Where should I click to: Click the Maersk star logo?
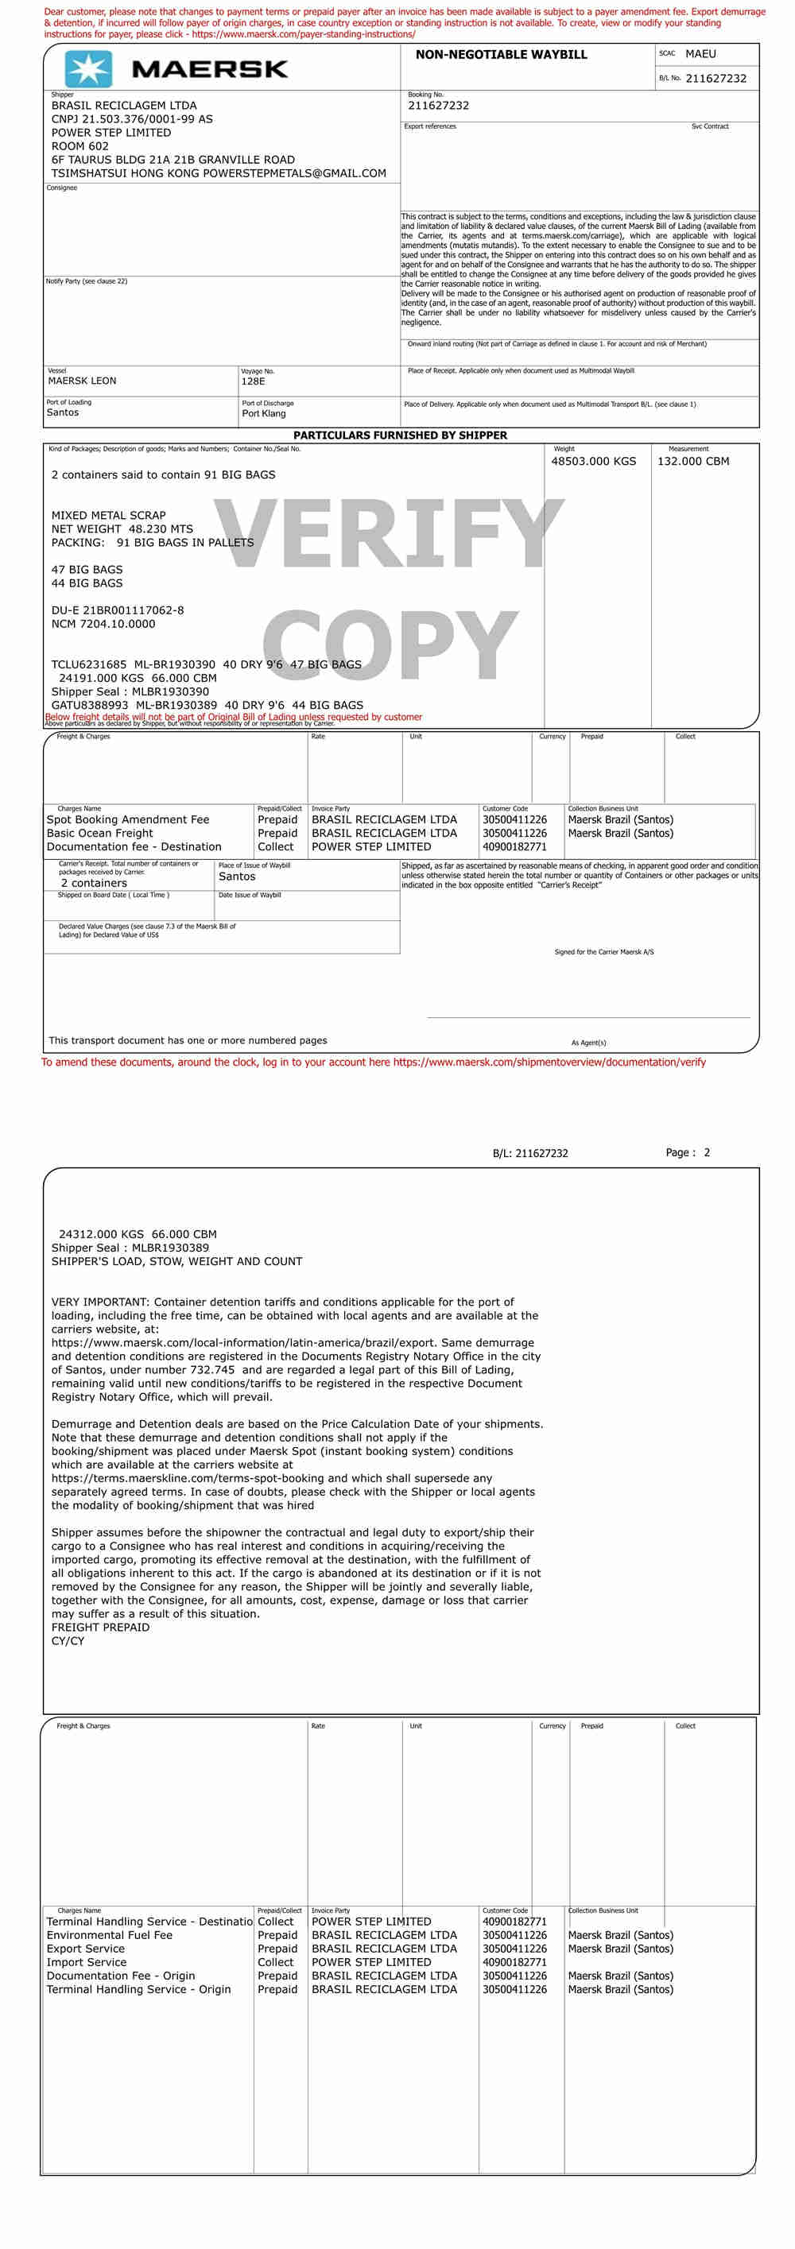pyautogui.click(x=88, y=69)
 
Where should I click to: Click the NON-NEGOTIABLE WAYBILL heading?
pyautogui.click(x=501, y=55)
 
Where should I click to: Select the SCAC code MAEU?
pyautogui.click(x=700, y=54)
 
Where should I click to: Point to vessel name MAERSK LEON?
pyautogui.click(x=82, y=381)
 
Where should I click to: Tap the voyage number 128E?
pyautogui.click(x=253, y=381)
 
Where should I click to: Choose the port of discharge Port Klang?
pyautogui.click(x=263, y=413)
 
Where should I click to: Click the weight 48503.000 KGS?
pyautogui.click(x=593, y=461)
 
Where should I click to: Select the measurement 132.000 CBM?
pyautogui.click(x=692, y=461)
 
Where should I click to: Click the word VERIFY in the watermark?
pyautogui.click(x=390, y=534)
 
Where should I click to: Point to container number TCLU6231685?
pyautogui.click(x=88, y=664)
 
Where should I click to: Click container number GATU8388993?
pyautogui.click(x=89, y=705)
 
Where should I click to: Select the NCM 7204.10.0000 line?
pyautogui.click(x=103, y=625)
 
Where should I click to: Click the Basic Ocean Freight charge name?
pyautogui.click(x=99, y=833)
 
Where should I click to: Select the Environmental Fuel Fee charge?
pyautogui.click(x=109, y=1935)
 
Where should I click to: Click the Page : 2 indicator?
pyautogui.click(x=688, y=1152)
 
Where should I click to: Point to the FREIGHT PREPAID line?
pyautogui.click(x=100, y=1628)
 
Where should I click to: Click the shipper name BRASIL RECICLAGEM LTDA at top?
pyautogui.click(x=124, y=106)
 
